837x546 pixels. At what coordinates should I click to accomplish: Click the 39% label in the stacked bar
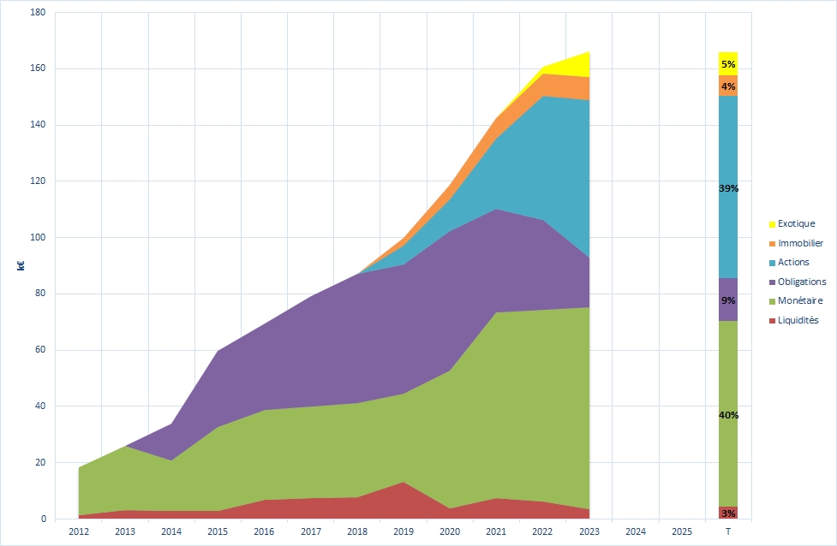[x=728, y=188]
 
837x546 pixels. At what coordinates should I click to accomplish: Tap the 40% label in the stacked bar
[x=728, y=415]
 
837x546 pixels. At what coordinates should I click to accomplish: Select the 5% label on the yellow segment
[x=728, y=64]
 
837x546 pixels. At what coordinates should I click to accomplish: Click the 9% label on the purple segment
[x=728, y=300]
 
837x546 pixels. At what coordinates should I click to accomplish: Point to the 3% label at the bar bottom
[x=728, y=513]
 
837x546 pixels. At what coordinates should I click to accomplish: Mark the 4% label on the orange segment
[x=728, y=86]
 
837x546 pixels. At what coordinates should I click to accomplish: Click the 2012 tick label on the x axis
[x=78, y=531]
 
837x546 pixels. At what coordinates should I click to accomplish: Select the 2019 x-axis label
[x=403, y=531]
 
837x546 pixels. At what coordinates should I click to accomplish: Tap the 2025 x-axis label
[x=681, y=531]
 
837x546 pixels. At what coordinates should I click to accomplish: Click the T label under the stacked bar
[x=727, y=531]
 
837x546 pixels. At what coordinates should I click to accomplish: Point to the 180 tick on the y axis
[x=37, y=13]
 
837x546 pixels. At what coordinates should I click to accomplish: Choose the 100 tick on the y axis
[x=37, y=238]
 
